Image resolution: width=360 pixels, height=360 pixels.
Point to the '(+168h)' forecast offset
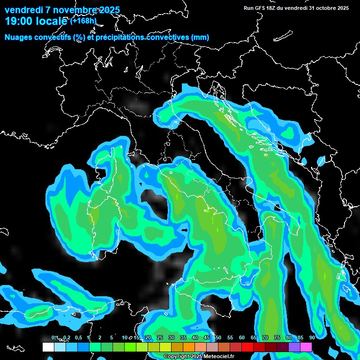tap(83, 21)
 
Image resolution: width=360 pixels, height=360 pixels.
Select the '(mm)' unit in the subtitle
tap(200, 37)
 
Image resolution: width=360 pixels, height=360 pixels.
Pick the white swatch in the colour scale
tap(48, 347)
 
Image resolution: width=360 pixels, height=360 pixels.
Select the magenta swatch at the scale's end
tap(306, 347)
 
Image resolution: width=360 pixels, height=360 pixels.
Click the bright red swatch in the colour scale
tap(247, 347)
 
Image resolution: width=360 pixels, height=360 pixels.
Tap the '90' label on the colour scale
tap(312, 338)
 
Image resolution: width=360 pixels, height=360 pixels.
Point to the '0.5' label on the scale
tap(78, 338)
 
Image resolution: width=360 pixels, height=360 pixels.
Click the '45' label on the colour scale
tap(207, 338)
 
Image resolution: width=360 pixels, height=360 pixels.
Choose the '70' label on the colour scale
tap(265, 338)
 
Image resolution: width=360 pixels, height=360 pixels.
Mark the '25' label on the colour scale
tap(160, 338)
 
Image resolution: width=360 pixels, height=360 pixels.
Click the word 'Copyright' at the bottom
tap(176, 357)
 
